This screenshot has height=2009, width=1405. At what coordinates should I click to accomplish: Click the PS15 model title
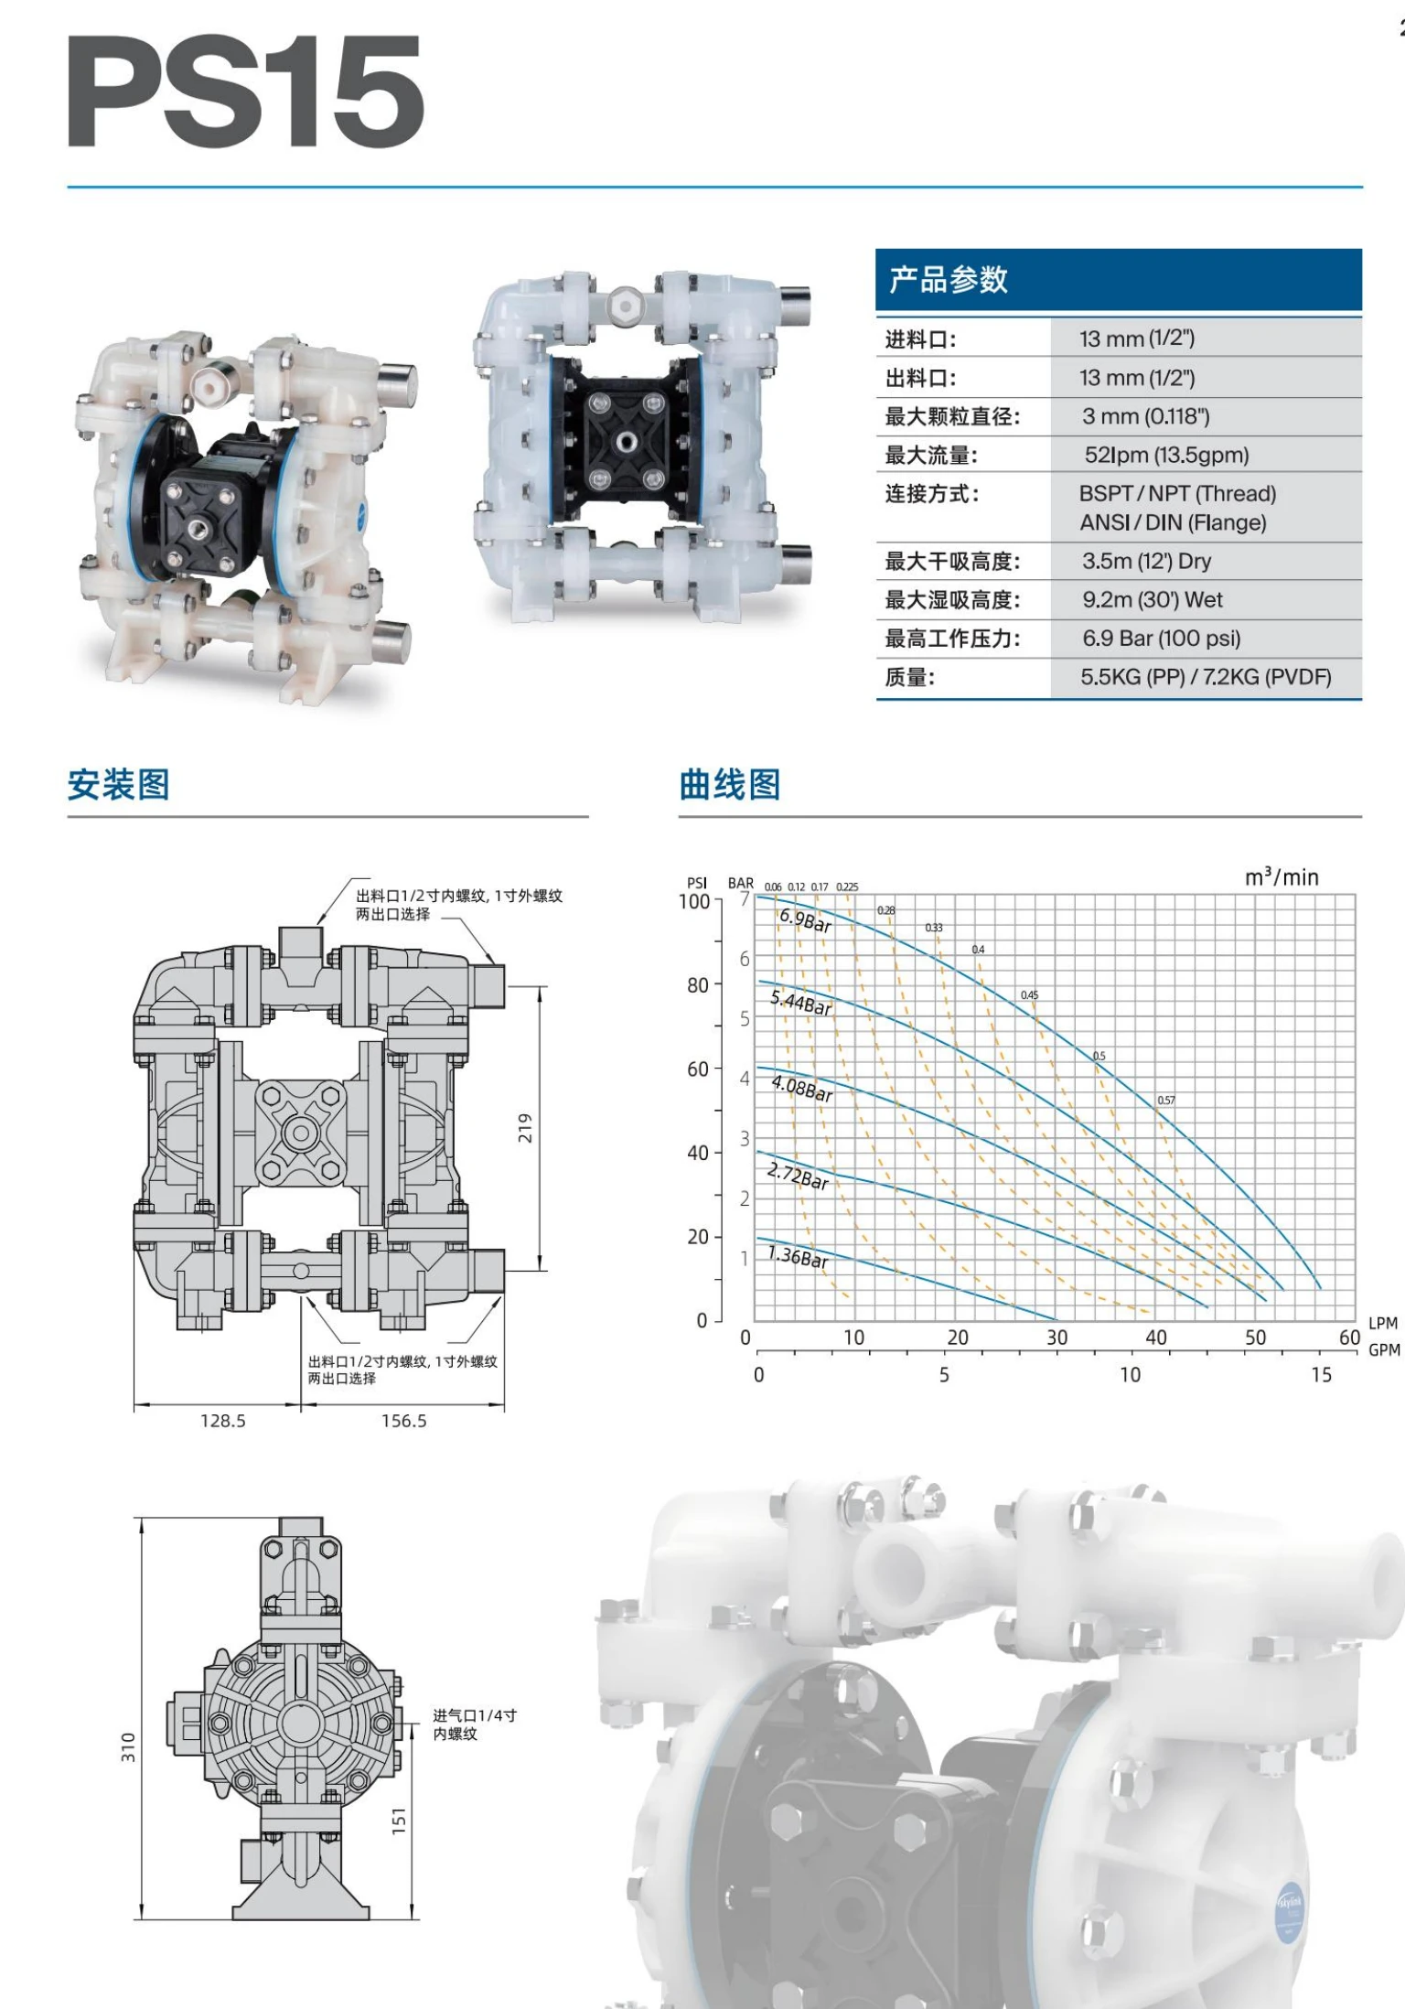click(x=245, y=91)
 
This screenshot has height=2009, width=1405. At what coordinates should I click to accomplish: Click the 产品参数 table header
click(x=948, y=279)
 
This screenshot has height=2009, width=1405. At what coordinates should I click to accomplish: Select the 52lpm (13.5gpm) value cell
click(x=1165, y=455)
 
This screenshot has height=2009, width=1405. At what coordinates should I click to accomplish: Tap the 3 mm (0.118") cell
click(x=1145, y=416)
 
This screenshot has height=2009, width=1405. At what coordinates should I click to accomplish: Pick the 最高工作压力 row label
click(x=951, y=639)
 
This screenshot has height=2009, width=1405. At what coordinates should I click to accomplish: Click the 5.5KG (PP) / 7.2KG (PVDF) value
click(x=1205, y=677)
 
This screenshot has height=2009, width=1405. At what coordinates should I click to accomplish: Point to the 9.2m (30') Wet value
click(x=1152, y=600)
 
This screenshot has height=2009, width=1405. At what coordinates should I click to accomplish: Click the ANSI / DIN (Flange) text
click(x=1173, y=522)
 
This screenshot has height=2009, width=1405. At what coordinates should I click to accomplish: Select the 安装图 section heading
click(x=118, y=785)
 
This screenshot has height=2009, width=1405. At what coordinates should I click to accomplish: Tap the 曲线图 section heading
click(x=729, y=785)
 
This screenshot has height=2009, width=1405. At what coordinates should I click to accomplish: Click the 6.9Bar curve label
click(x=805, y=920)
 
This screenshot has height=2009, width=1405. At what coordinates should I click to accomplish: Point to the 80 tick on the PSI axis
click(x=697, y=985)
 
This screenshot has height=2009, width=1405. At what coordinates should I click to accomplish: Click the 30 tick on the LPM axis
click(x=1056, y=1338)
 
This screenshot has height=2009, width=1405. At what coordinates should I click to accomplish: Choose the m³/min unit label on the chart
click(x=1282, y=877)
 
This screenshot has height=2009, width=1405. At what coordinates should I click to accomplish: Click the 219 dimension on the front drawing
click(x=525, y=1127)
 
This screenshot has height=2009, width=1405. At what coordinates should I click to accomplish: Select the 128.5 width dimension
click(x=222, y=1421)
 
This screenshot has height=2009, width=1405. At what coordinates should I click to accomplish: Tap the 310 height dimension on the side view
click(x=128, y=1746)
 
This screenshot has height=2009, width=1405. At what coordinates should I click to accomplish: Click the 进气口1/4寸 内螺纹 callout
click(x=474, y=1724)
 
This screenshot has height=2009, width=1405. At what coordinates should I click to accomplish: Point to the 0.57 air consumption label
click(x=1165, y=1100)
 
